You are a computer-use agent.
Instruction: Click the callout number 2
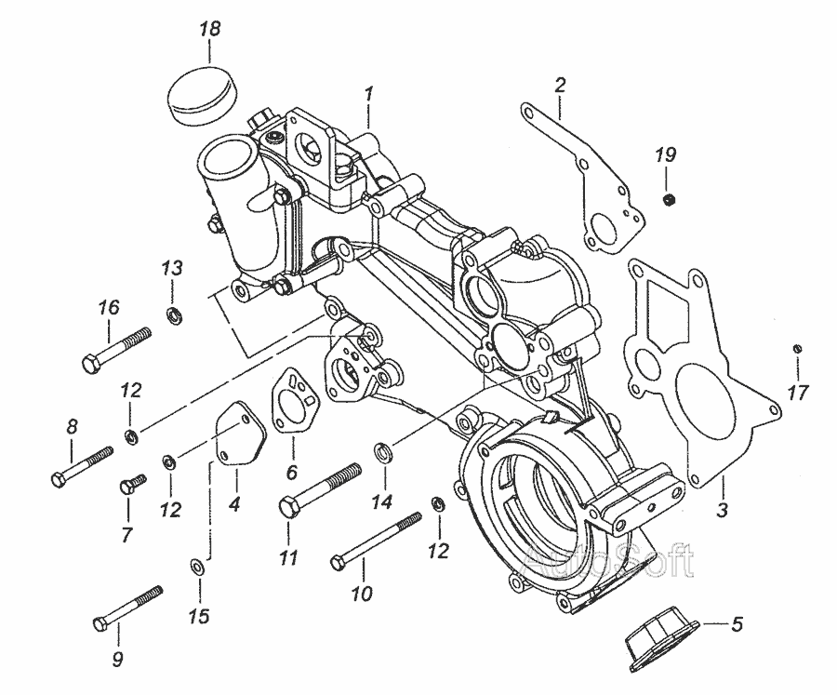[560, 86]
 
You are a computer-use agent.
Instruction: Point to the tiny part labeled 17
[797, 348]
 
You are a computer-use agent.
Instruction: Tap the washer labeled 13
[173, 315]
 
